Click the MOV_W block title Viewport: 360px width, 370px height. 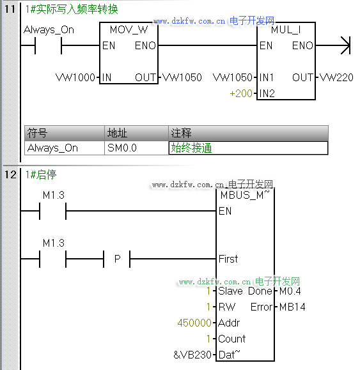[129, 30]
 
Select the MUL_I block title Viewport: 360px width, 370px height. [286, 30]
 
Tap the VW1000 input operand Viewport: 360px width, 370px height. [75, 77]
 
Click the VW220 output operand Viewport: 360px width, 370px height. [336, 77]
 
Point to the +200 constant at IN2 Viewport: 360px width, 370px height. [241, 93]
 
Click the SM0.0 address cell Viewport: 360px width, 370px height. [121, 148]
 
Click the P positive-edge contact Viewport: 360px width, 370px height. [117, 259]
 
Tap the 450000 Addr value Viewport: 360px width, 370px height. [194, 323]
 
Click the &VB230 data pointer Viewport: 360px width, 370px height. [192, 355]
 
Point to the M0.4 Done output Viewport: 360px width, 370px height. [290, 291]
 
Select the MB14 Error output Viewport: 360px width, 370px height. [292, 307]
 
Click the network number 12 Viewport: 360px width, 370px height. [10, 174]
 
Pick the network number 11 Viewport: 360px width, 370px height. [10, 9]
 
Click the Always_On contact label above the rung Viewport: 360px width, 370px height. [49, 30]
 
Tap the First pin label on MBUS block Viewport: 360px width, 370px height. [228, 259]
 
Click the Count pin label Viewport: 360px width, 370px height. [232, 339]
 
